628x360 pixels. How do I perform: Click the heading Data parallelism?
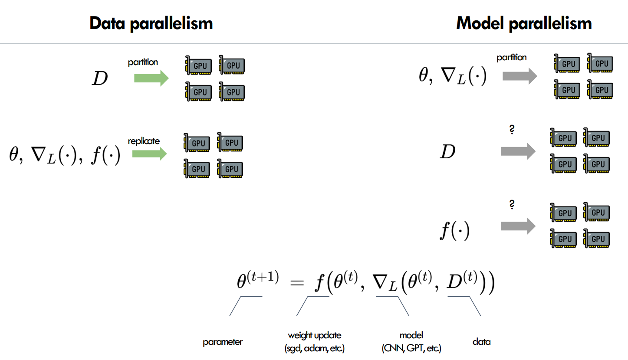[151, 23]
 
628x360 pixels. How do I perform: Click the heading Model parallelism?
[524, 23]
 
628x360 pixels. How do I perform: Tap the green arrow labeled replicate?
[149, 153]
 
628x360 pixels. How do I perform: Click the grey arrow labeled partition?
[519, 76]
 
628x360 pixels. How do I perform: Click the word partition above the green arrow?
[143, 62]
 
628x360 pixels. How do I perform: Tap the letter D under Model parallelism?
[447, 152]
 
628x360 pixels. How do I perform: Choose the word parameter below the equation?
[222, 342]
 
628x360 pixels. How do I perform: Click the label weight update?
[314, 335]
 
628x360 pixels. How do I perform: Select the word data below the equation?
[481, 342]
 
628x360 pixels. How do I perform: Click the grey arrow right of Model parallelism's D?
[518, 151]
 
